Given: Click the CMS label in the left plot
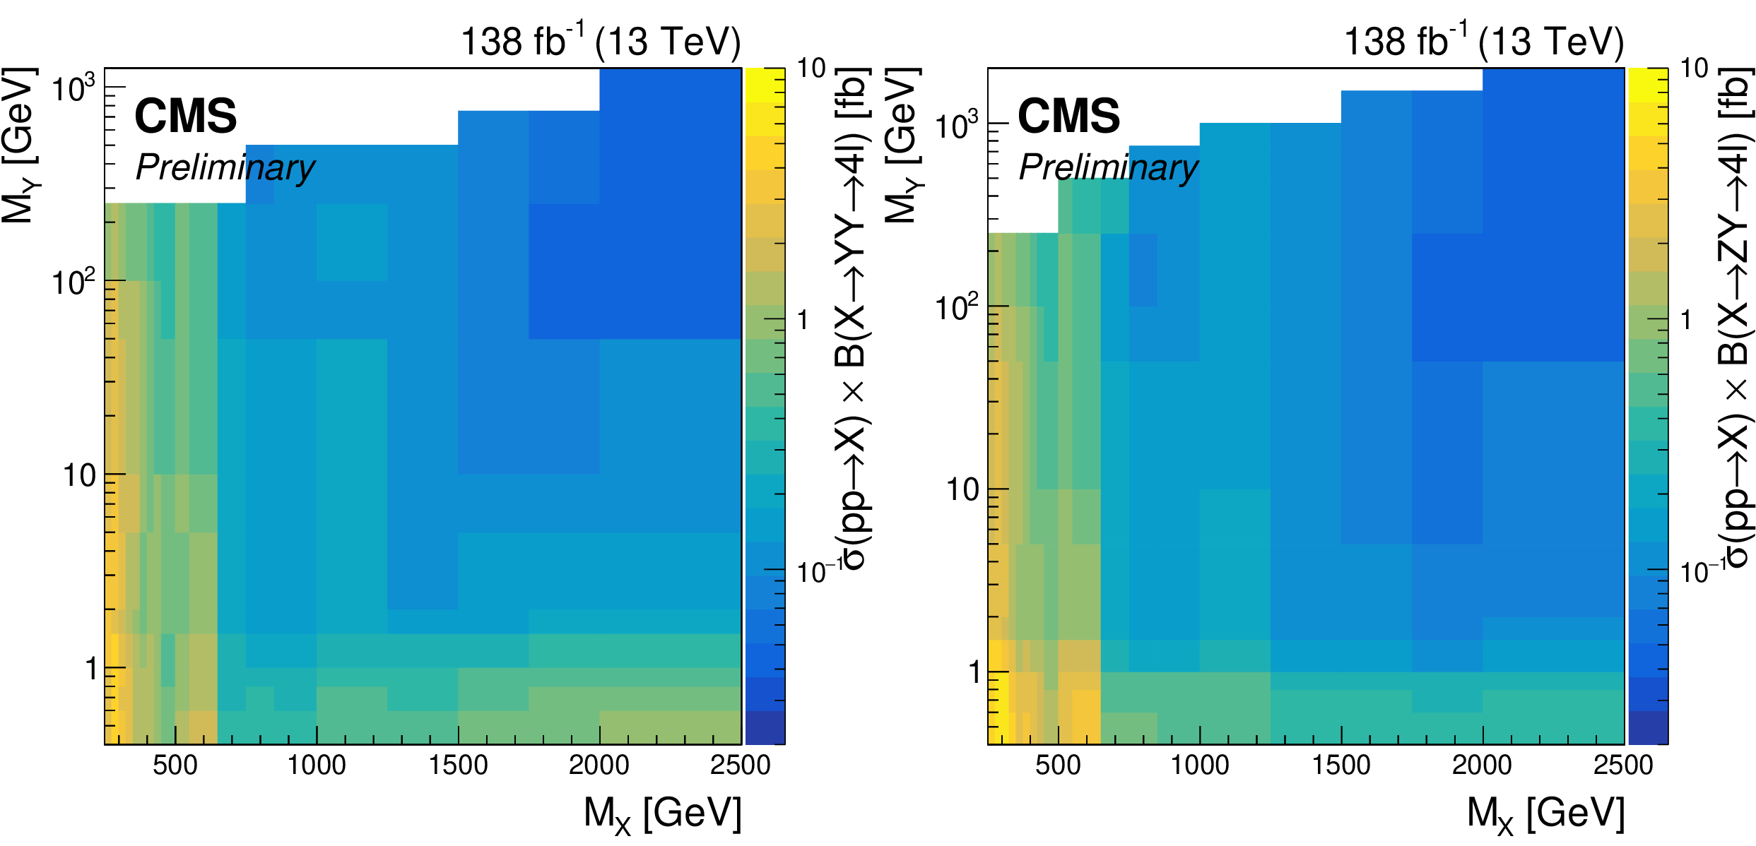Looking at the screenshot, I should pos(185,117).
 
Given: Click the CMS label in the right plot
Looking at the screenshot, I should pos(1068,117).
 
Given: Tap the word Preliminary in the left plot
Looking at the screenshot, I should pos(225,168).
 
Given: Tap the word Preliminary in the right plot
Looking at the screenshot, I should pos(1109,168).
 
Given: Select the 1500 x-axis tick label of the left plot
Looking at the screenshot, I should pos(458,765).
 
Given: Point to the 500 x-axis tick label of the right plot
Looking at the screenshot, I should pos(1058,765).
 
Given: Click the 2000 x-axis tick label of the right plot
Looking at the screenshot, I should pos(1482,765).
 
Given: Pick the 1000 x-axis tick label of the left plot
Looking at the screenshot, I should pos(317,765).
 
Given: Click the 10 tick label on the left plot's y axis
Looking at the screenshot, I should pos(79,476).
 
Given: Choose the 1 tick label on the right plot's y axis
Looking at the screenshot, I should pos(974,672).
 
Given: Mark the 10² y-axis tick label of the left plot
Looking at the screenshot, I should pos(73,282).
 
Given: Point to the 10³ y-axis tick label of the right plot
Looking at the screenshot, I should pos(957,126).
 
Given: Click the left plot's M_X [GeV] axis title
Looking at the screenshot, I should pos(662,814).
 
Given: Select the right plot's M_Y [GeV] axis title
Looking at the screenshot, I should pos(903,146).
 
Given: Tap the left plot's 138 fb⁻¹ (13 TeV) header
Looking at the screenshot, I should pos(601,42).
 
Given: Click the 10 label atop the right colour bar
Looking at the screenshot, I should pos(1694,68).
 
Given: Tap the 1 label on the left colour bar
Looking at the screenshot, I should pos(803,321).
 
